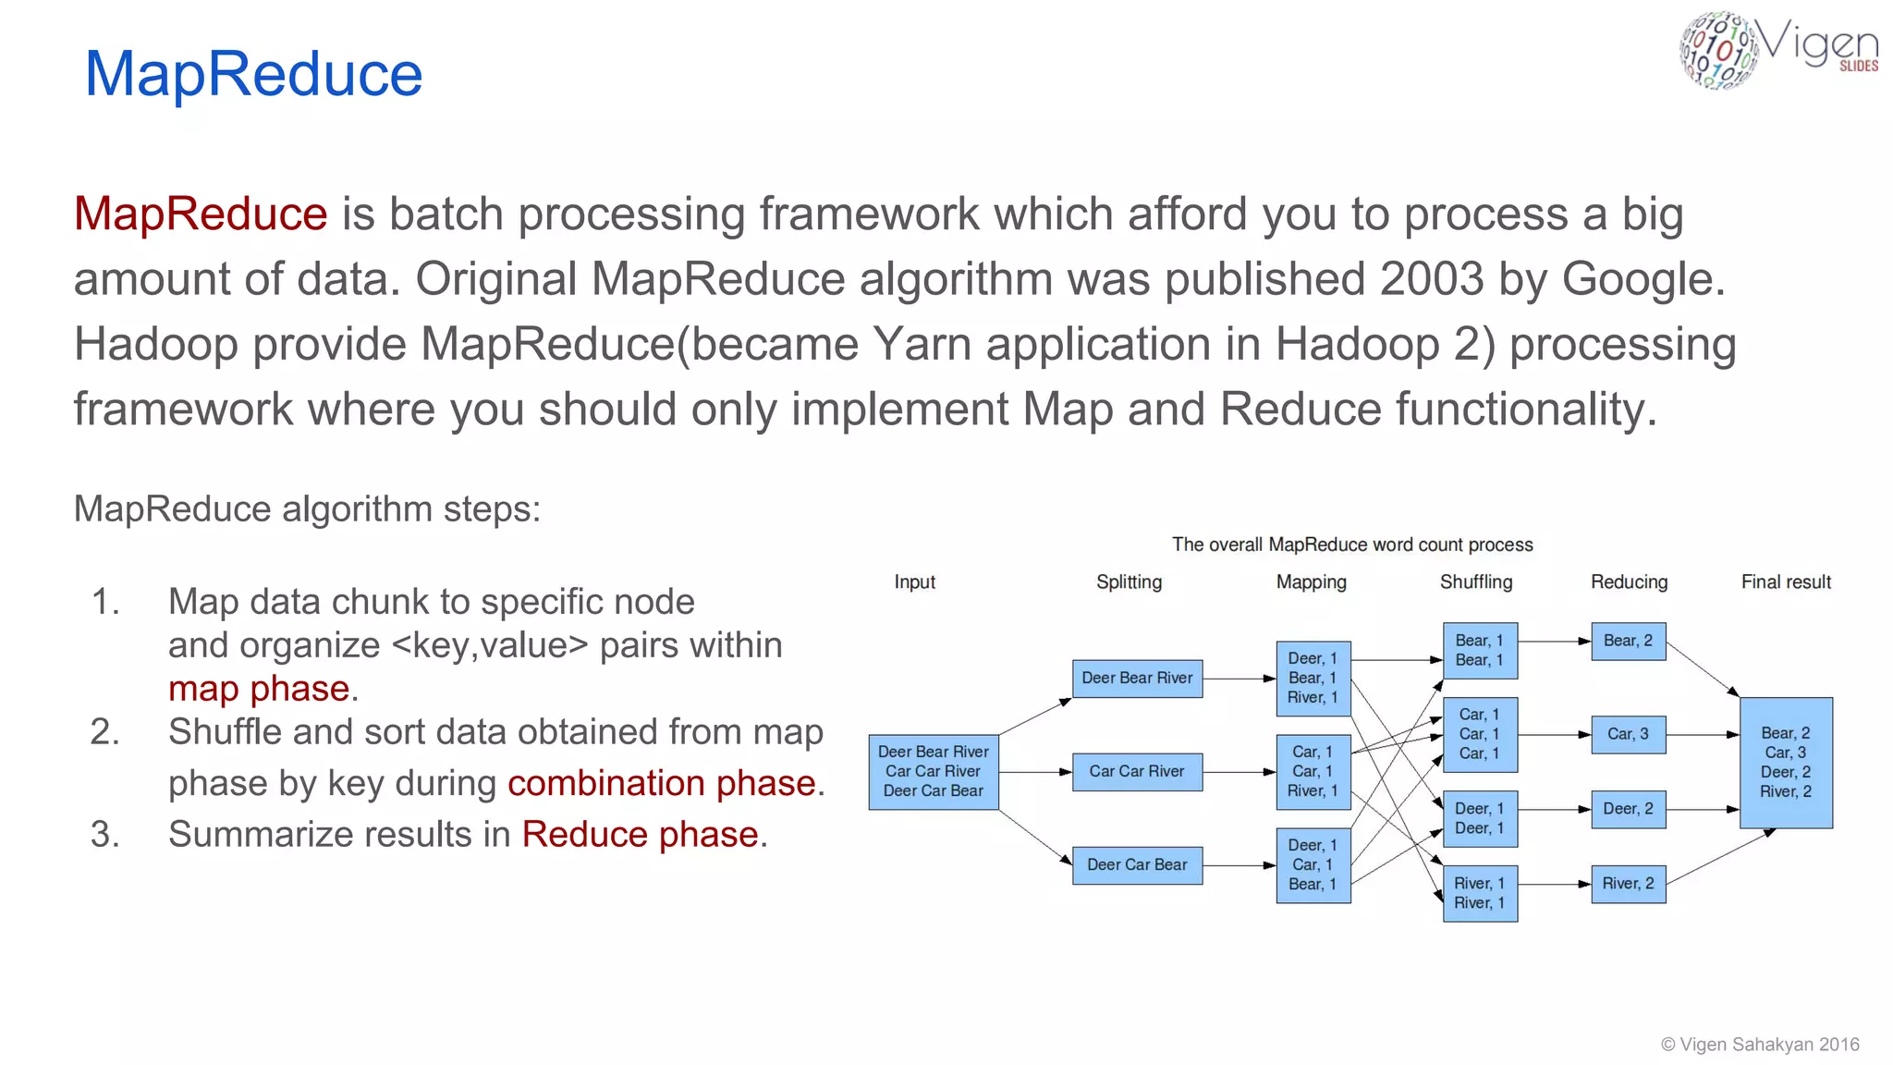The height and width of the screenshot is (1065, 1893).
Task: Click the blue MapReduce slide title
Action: (253, 74)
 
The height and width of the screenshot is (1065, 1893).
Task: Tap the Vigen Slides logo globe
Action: (1717, 51)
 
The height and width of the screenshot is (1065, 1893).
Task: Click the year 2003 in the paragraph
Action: (1432, 279)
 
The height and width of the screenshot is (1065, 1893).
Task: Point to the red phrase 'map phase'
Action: (259, 689)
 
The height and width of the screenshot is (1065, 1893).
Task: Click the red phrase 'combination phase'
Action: (662, 783)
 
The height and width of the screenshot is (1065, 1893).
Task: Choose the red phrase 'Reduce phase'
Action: (641, 834)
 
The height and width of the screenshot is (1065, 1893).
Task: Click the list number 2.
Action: (104, 732)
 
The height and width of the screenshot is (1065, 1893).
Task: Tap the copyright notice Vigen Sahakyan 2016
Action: (1760, 1044)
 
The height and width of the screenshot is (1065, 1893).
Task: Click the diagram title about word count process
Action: (1352, 545)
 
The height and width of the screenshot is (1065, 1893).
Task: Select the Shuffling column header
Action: (1475, 581)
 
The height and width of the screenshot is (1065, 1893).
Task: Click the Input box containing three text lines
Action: (934, 771)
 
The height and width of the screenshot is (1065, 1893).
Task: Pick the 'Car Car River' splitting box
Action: (1137, 771)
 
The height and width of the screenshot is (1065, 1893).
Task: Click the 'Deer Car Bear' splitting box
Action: (1137, 864)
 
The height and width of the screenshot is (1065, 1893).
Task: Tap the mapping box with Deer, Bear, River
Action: (1313, 678)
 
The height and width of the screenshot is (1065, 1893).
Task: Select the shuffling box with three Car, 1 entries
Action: (1479, 734)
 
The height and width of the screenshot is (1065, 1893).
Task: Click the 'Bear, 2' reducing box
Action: (1628, 641)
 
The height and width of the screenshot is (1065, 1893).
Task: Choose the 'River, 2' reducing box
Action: (1628, 884)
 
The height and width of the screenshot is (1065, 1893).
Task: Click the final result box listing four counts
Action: (1786, 762)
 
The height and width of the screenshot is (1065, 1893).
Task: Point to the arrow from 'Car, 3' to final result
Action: (1703, 735)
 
